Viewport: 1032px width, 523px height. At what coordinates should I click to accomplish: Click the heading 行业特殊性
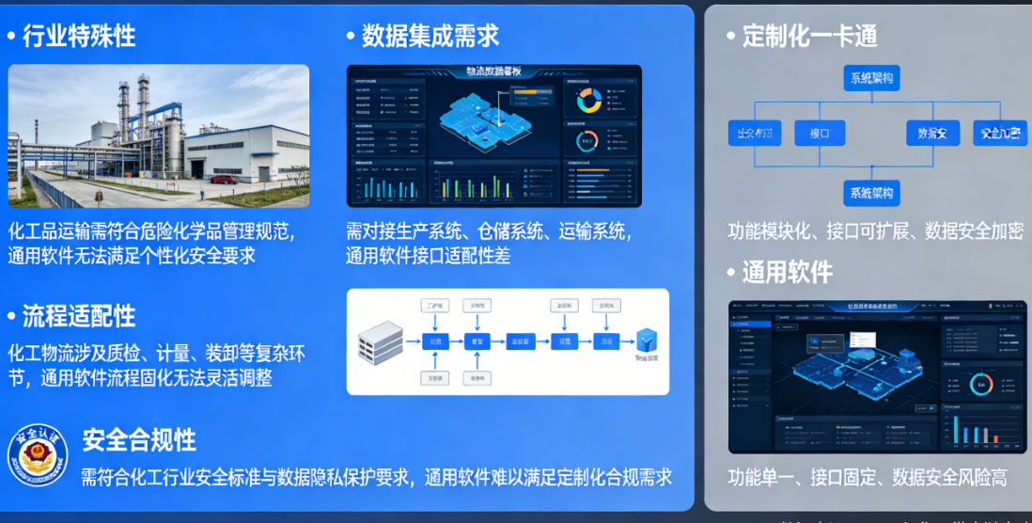point(79,37)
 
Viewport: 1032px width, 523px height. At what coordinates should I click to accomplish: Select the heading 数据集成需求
point(430,37)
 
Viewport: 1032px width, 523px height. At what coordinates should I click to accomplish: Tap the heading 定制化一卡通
point(809,37)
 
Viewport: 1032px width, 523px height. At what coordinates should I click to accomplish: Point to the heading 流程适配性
point(79,315)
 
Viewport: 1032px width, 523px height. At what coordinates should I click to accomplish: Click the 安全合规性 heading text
point(139,439)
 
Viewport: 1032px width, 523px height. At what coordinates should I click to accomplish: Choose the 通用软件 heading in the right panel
point(787,273)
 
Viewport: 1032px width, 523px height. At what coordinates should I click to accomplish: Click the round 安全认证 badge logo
point(38,453)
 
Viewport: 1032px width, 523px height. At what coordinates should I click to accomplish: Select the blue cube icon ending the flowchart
point(647,341)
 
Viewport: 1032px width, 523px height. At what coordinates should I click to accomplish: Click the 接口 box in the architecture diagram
point(820,133)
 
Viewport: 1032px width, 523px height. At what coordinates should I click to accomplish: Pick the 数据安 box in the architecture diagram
point(932,133)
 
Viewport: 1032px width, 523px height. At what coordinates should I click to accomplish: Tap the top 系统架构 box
point(871,78)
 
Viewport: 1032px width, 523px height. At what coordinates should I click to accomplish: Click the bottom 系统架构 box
point(871,194)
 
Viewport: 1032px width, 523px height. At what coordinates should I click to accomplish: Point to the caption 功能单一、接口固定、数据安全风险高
point(867,478)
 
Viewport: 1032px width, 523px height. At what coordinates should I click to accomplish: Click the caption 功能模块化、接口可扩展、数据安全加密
point(875,231)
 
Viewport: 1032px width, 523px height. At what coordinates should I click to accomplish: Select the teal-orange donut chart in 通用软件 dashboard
point(981,385)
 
